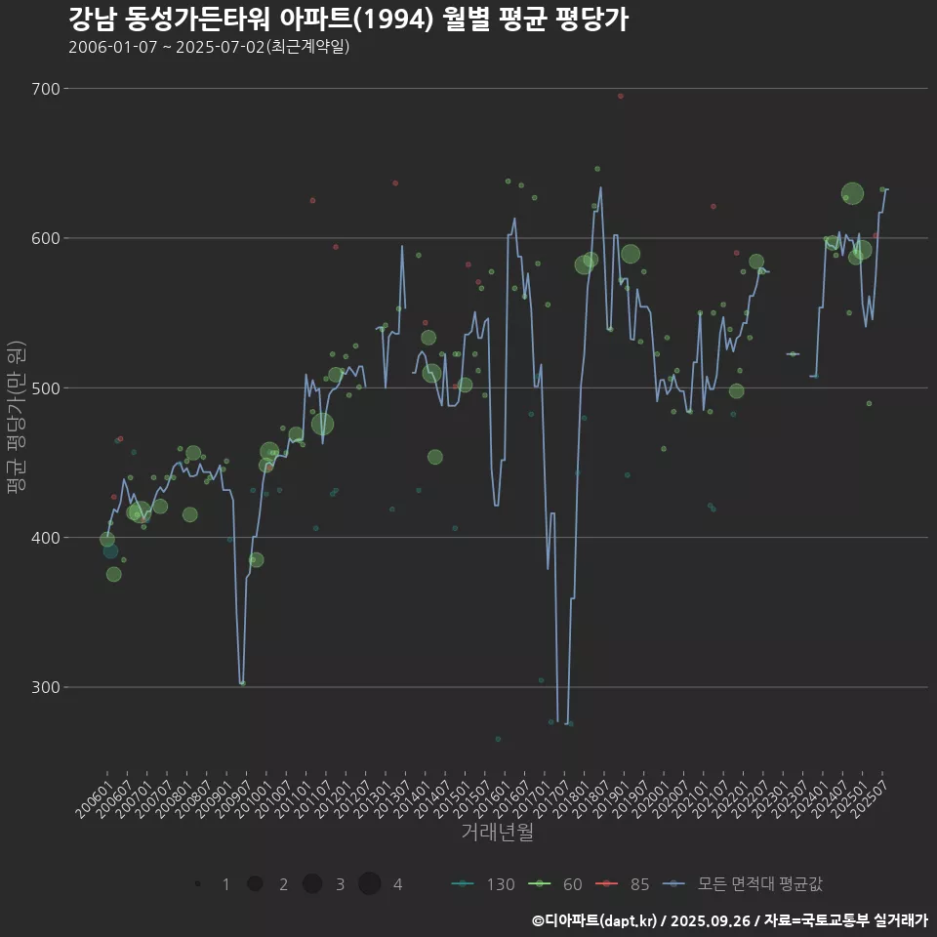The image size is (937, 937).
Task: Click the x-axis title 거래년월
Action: tap(497, 833)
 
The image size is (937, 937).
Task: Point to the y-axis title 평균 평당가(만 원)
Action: tap(15, 417)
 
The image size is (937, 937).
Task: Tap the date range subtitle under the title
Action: tap(209, 47)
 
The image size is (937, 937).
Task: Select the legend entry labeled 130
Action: tap(483, 884)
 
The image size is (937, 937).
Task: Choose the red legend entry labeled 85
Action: tap(625, 884)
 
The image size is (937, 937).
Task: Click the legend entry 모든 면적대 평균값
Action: tap(747, 884)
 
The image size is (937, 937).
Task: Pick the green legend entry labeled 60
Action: tap(556, 884)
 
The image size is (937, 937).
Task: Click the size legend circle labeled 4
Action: tap(369, 884)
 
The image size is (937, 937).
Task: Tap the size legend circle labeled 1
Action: tap(198, 884)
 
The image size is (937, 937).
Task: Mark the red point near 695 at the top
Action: tap(620, 96)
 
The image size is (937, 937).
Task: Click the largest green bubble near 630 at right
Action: tap(852, 193)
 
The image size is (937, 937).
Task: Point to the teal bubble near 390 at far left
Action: tap(110, 551)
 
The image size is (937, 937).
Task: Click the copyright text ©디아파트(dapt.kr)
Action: tap(594, 920)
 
